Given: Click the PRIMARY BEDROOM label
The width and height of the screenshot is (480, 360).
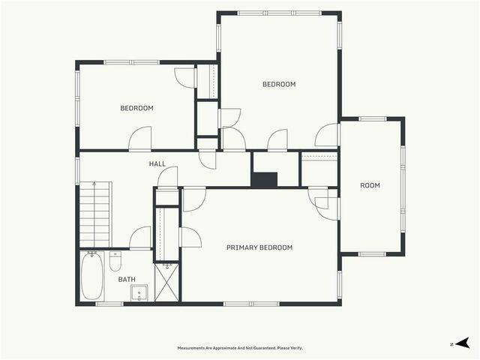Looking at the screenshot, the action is [259, 247].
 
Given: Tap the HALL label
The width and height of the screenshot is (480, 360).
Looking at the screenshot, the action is [157, 163].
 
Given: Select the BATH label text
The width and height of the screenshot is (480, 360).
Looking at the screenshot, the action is [127, 279].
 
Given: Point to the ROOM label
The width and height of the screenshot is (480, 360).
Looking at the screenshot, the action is [370, 185].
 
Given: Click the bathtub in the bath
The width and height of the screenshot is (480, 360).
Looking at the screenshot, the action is [91, 276].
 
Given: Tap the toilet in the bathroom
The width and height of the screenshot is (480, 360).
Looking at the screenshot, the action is [115, 261].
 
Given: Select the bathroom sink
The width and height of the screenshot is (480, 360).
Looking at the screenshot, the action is [139, 293].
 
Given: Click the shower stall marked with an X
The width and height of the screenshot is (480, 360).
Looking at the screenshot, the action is [166, 283].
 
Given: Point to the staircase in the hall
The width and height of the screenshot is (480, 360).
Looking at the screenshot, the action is [94, 214].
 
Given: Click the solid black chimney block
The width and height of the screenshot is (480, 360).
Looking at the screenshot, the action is [264, 179].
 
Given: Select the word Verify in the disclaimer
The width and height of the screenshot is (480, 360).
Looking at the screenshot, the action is [297, 348].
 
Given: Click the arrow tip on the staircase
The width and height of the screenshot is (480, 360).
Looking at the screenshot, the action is [94, 183].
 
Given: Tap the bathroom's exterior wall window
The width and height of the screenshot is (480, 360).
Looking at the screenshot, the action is [109, 304].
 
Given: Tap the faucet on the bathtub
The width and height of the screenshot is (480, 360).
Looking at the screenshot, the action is [91, 253].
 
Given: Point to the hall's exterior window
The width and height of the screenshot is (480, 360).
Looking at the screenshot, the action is [77, 170].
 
